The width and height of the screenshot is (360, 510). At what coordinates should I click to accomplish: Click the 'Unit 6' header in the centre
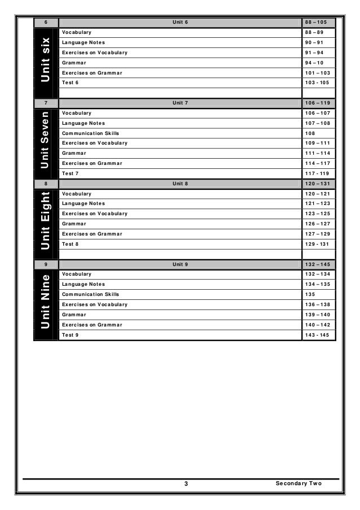tap(180, 22)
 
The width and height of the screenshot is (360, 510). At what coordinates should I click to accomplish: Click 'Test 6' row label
tap(71, 82)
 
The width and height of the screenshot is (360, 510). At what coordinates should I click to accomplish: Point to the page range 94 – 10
tap(314, 62)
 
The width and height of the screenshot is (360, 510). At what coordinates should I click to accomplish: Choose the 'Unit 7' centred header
tap(180, 103)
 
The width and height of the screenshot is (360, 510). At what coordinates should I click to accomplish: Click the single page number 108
tap(310, 133)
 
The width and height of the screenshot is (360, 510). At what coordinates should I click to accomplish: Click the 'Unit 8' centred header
tap(180, 184)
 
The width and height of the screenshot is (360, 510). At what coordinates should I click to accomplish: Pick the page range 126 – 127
tap(317, 224)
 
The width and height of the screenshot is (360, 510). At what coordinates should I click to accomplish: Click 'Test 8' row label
tap(71, 244)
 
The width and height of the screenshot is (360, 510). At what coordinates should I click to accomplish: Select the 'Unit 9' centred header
tap(180, 264)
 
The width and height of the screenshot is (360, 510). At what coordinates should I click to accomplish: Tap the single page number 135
tap(310, 294)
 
